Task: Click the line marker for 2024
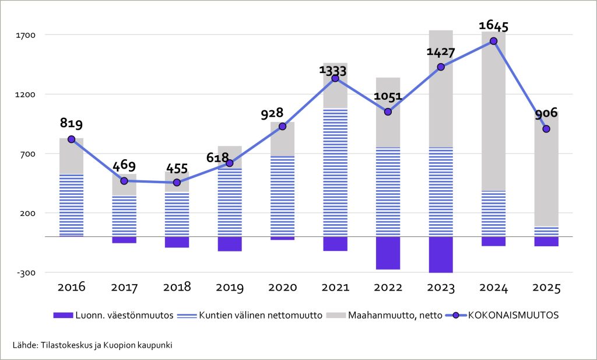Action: [x=493, y=41]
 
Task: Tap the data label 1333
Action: [x=333, y=71]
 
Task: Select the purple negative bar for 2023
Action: [x=441, y=254]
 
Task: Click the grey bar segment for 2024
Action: [x=493, y=111]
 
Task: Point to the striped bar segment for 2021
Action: [x=335, y=173]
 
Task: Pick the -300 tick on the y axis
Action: [x=27, y=272]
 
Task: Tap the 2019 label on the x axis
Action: [x=230, y=288]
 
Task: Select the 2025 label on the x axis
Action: [x=546, y=288]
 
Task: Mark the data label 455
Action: [x=177, y=169]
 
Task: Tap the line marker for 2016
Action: [x=71, y=139]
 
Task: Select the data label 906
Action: [x=546, y=113]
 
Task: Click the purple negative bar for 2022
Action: [x=388, y=253]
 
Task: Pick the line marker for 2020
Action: [x=282, y=126]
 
